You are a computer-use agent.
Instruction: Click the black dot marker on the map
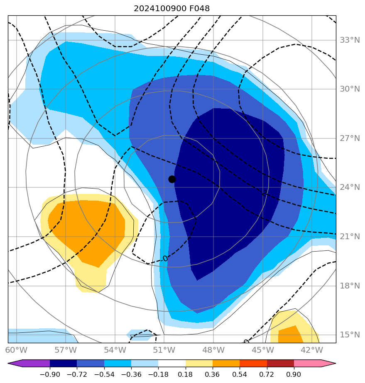click(x=172, y=179)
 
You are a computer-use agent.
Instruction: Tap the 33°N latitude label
click(x=350, y=40)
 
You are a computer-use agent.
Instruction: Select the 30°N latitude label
click(x=350, y=89)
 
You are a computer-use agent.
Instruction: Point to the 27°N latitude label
click(x=350, y=138)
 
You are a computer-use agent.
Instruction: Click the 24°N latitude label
click(x=350, y=187)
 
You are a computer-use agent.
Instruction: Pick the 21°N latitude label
click(x=350, y=237)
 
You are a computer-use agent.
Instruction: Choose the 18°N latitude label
click(x=350, y=286)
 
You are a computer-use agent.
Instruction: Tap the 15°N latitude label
click(x=350, y=335)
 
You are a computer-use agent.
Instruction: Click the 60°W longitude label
click(x=16, y=350)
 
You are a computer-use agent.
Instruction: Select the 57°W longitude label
click(x=66, y=350)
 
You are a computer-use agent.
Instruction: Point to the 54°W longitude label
click(x=115, y=350)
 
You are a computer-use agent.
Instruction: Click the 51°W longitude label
click(x=164, y=350)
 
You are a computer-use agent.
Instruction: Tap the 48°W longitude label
click(x=213, y=350)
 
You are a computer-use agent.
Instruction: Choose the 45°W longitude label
click(x=262, y=350)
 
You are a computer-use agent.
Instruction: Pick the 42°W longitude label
click(x=311, y=350)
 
